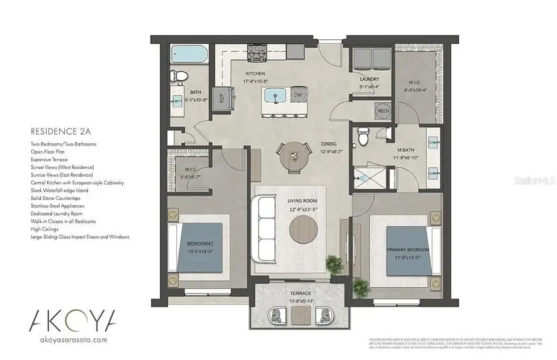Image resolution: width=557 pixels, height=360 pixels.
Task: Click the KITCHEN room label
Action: (x=256, y=74)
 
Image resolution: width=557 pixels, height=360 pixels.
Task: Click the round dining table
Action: (x=294, y=154)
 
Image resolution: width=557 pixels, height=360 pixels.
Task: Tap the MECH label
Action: (x=384, y=111)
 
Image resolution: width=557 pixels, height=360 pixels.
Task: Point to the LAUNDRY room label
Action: (x=369, y=79)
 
